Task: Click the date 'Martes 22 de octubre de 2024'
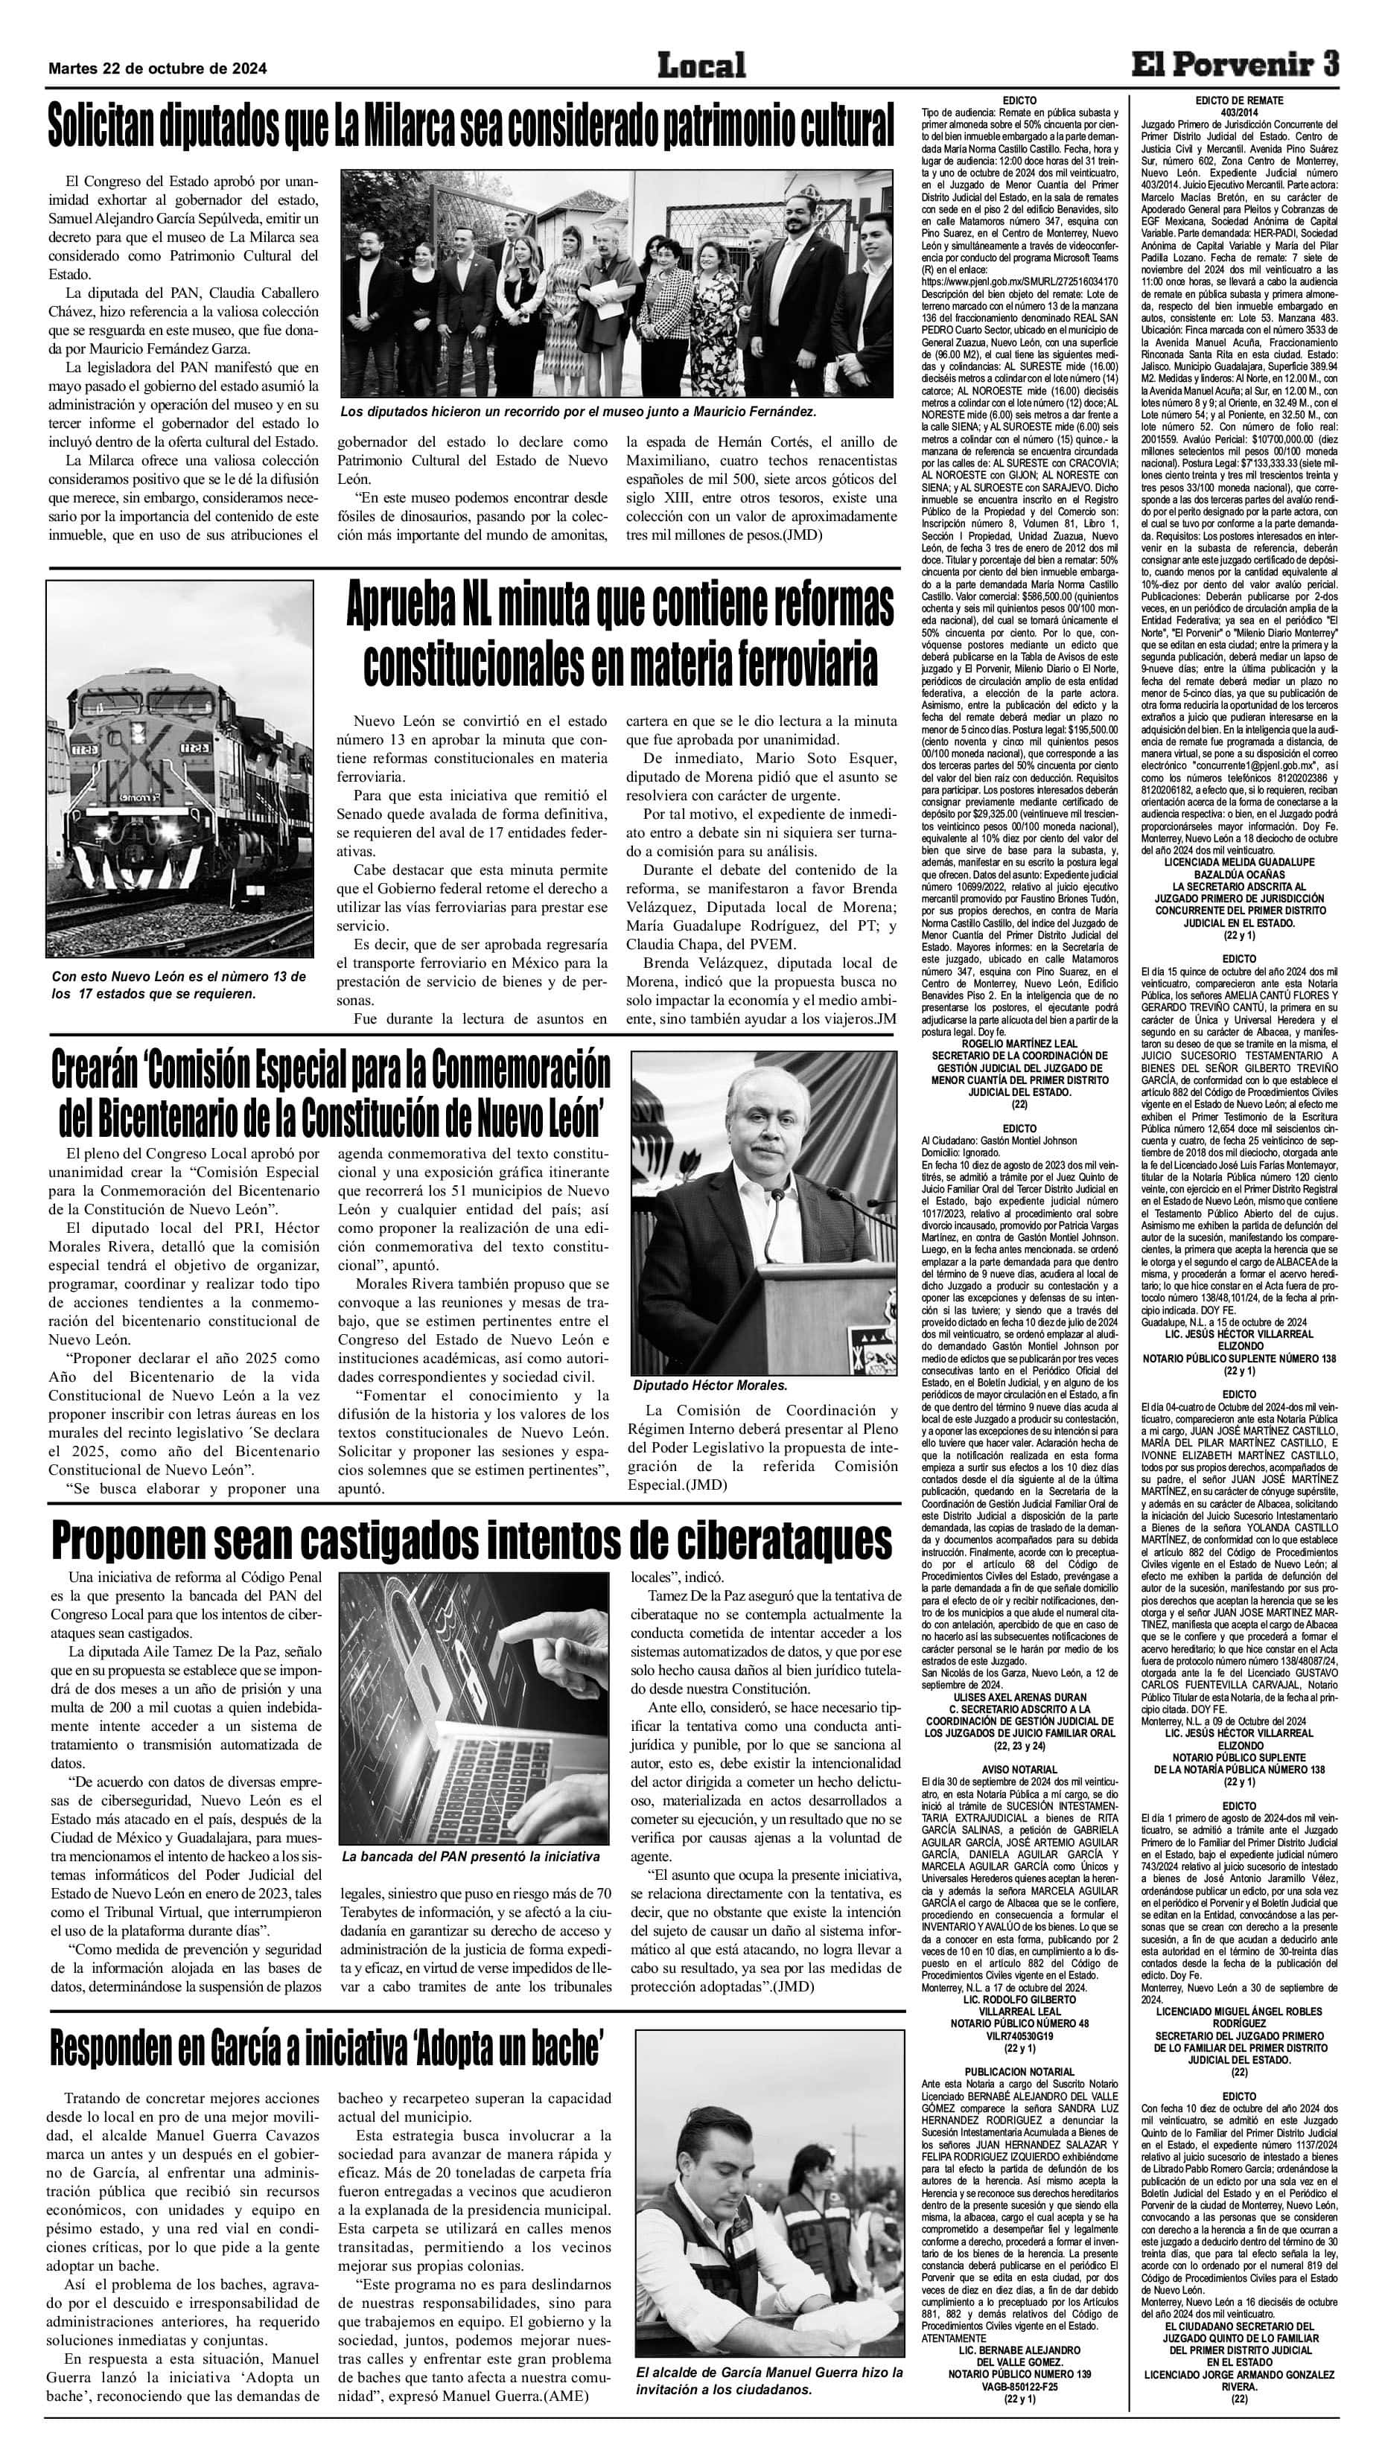[158, 68]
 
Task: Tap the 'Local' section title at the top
[701, 66]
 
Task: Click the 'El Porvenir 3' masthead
[1235, 65]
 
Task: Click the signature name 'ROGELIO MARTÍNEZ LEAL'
[1020, 1044]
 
